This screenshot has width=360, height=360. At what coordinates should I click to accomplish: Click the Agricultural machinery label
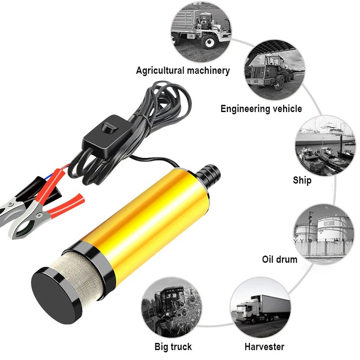point(183,71)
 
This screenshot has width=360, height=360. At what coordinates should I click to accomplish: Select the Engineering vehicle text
point(261,109)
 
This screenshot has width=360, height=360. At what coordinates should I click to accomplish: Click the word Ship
point(302,180)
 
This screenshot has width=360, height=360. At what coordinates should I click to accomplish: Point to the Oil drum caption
point(279,260)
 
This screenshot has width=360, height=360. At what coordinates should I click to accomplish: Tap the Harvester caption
point(264,346)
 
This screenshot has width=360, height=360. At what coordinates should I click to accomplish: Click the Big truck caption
point(173,346)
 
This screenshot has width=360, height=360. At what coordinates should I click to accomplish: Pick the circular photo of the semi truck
point(261,308)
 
